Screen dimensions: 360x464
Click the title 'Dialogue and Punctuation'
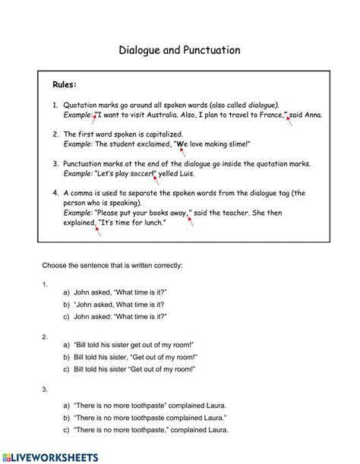[179, 50]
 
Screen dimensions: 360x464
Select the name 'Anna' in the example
[313, 115]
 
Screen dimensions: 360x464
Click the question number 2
[46, 335]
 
